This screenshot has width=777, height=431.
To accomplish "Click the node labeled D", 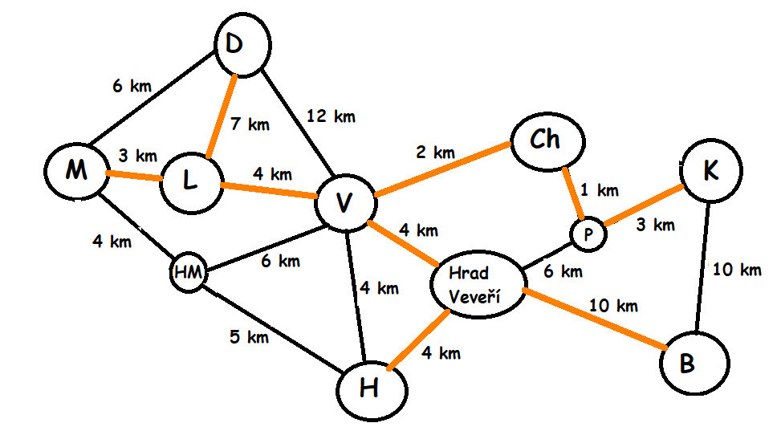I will (x=234, y=45).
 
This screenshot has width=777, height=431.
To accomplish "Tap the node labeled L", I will (x=190, y=182).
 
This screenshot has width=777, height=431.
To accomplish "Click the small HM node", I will (x=188, y=273).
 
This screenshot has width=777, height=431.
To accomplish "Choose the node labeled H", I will (x=370, y=390).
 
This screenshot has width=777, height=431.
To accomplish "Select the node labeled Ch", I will (x=546, y=140).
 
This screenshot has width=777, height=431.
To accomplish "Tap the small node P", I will (x=588, y=234).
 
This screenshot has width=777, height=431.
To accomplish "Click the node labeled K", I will (x=710, y=171).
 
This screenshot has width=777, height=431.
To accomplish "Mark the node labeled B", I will (x=695, y=364).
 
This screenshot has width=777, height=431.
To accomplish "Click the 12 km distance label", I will (x=331, y=117).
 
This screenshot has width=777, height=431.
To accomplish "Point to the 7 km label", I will (x=250, y=124).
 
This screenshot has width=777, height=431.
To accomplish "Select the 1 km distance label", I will (x=600, y=190).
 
